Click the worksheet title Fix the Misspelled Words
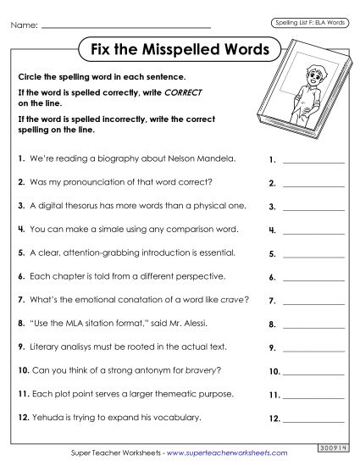[180, 49]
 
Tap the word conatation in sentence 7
[139, 300]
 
